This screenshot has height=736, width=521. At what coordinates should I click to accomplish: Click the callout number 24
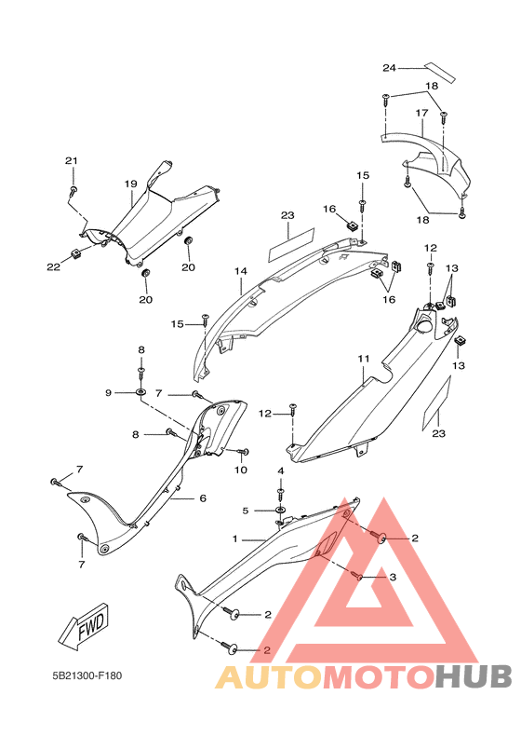389,68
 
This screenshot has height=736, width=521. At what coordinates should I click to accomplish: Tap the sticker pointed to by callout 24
440,72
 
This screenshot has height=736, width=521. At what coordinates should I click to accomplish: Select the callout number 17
421,113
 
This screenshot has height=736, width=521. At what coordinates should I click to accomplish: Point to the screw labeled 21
73,191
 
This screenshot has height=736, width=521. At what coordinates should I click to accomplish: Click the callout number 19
130,184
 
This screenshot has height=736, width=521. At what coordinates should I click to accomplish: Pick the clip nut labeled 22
76,254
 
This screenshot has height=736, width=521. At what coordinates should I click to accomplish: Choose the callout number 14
241,271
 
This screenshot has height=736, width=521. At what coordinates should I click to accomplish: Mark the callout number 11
364,359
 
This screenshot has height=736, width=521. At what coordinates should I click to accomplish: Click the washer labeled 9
140,391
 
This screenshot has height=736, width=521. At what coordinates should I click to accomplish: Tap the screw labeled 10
243,452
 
